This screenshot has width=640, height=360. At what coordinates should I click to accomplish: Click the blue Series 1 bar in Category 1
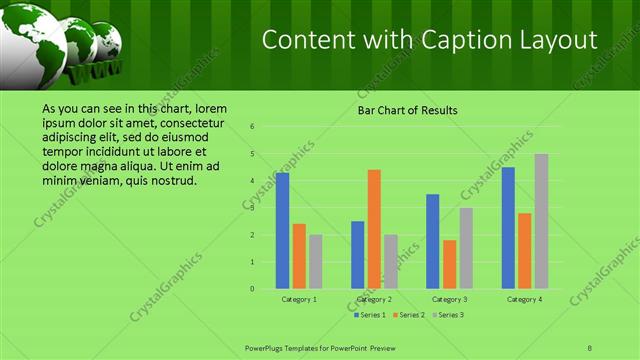click(x=282, y=231)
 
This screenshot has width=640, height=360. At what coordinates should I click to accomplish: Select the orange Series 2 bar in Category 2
click(x=374, y=229)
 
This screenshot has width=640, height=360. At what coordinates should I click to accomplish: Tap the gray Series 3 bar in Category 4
click(x=541, y=221)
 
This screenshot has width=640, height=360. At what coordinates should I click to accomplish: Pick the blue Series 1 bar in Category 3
click(x=433, y=241)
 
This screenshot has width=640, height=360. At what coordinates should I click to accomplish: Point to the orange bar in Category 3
click(x=449, y=264)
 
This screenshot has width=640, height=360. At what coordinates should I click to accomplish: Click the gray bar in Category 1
click(x=315, y=261)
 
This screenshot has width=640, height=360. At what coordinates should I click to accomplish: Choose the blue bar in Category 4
click(x=508, y=228)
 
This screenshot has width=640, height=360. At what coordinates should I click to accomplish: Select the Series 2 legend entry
click(x=409, y=315)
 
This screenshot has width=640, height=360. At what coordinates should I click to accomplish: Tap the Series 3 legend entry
click(x=447, y=315)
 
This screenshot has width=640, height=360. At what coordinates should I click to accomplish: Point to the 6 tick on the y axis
click(x=253, y=127)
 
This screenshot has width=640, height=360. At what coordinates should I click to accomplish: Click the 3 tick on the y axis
click(x=253, y=208)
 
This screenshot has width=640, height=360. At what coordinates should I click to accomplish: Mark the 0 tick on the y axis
click(x=253, y=289)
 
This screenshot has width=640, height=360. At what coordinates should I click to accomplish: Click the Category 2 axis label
click(x=374, y=299)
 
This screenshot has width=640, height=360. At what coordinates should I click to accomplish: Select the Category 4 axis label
click(x=525, y=299)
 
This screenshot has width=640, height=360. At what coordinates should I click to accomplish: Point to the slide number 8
click(x=590, y=347)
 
